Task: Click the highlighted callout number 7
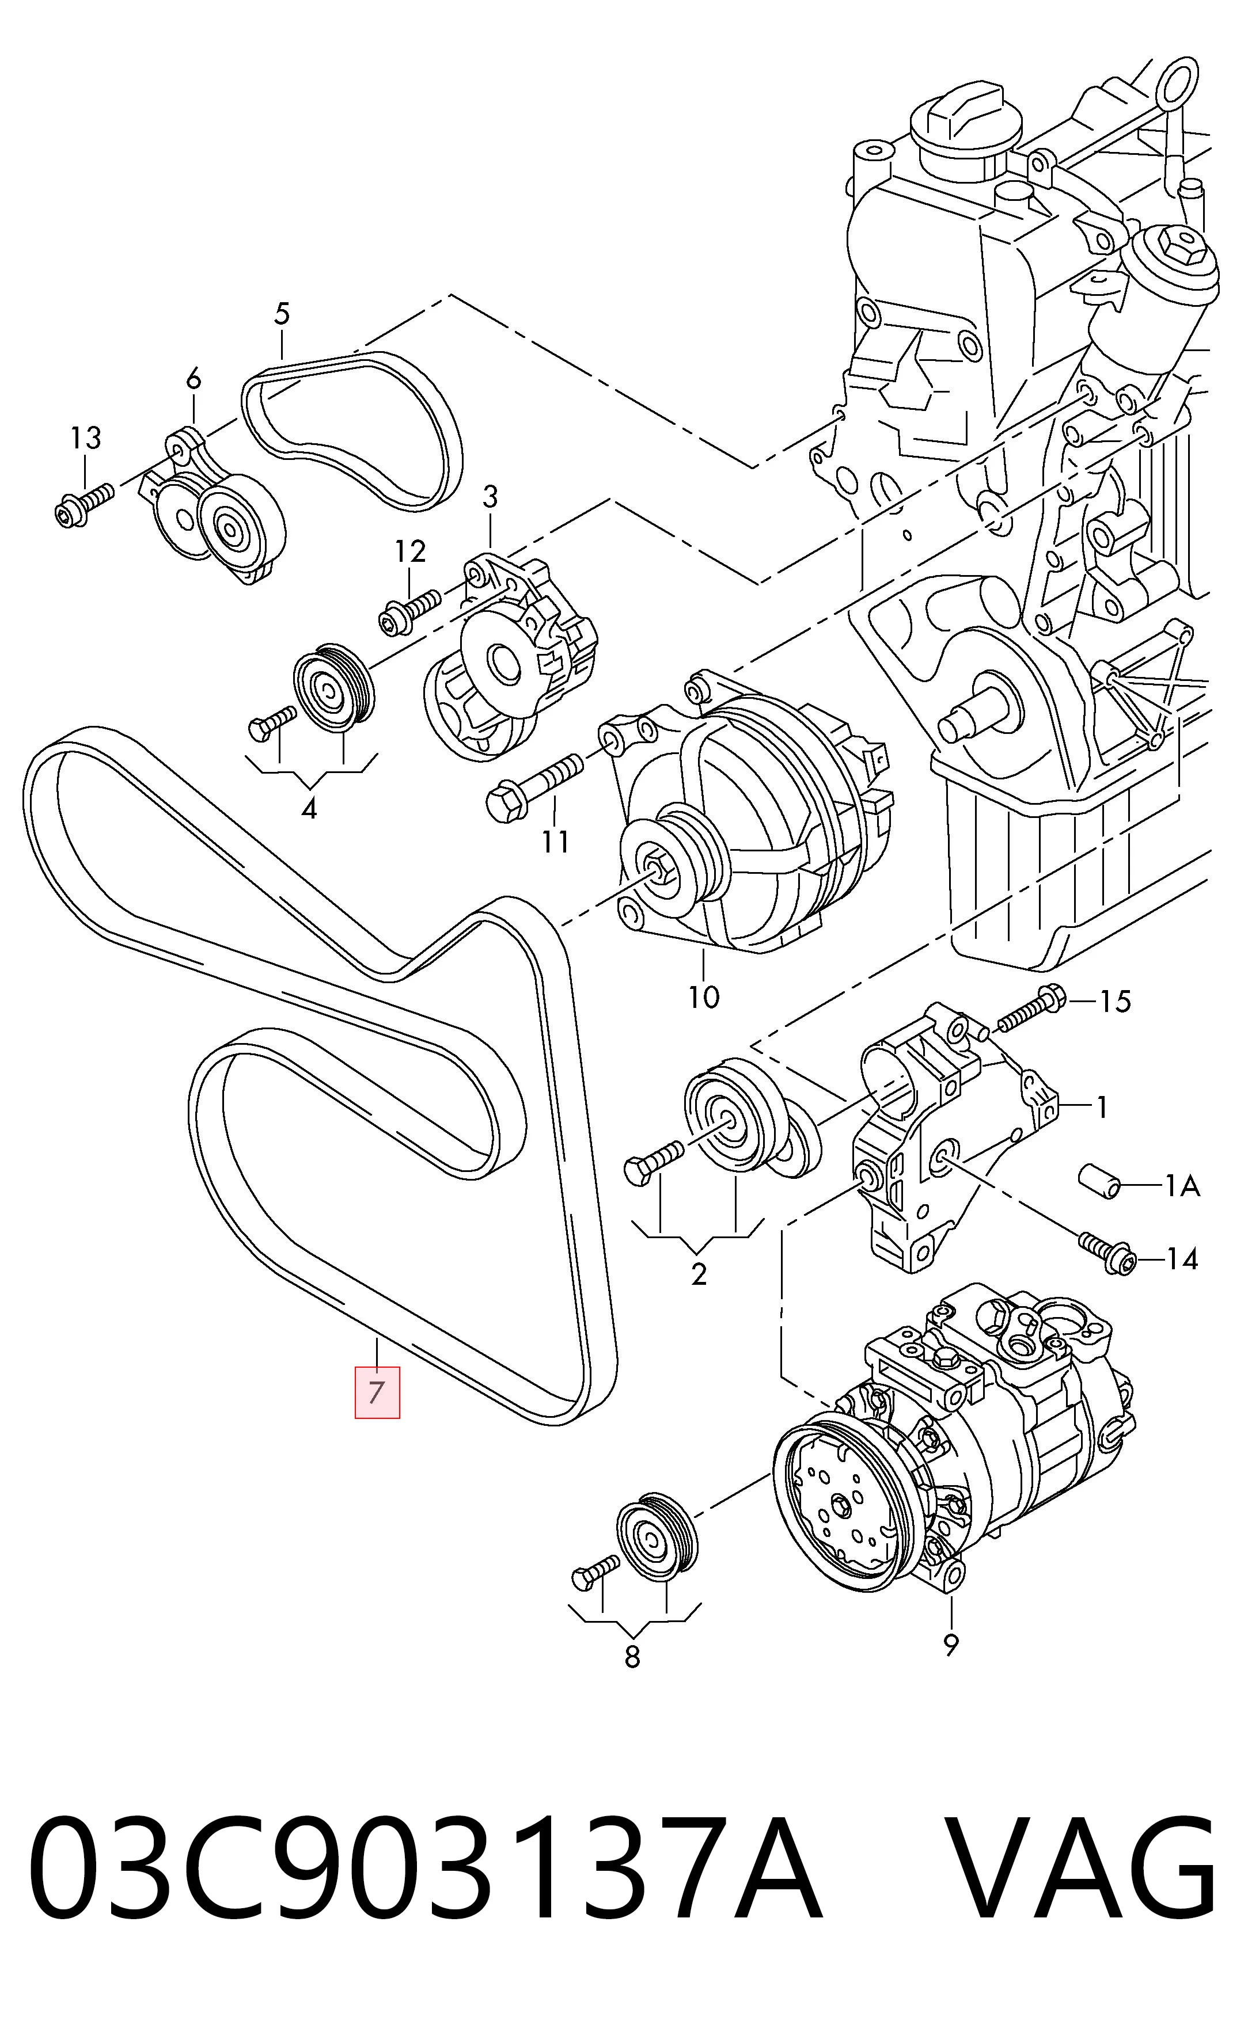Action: click(377, 1392)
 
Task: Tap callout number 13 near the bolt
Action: click(85, 438)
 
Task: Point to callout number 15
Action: click(1114, 1002)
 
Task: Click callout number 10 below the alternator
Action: click(704, 998)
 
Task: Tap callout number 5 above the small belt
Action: click(282, 314)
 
